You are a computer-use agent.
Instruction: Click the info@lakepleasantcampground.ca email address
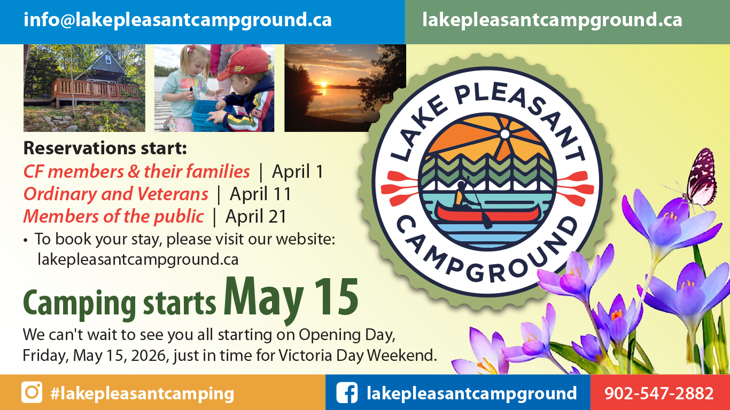coord(177,20)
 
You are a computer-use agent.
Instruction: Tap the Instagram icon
coord(32,392)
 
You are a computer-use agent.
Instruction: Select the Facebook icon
coord(347,393)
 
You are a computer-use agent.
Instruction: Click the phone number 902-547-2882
coord(659,393)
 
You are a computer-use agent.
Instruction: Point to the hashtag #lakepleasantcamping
coord(142,393)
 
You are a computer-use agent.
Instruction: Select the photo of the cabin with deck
coord(84,88)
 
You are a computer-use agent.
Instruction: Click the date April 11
coord(260,194)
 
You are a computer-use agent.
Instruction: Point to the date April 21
coord(256,216)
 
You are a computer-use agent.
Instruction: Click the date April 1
coord(298,171)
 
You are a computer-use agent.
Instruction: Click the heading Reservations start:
coord(105,148)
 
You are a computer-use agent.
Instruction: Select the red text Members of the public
coord(113,216)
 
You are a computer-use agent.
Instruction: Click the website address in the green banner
coord(552,20)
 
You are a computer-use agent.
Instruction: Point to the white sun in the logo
coord(504,132)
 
